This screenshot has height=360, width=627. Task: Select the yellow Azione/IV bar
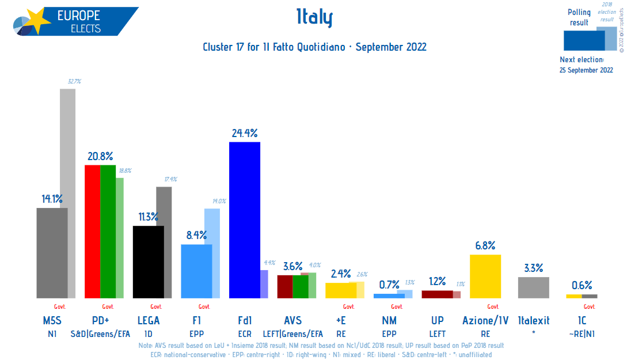[x=485, y=276]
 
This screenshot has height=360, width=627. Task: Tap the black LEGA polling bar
[x=149, y=262]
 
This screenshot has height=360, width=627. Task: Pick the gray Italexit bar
[x=534, y=287]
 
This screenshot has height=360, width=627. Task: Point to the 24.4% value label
[x=245, y=133]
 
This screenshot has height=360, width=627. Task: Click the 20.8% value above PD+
[x=100, y=156]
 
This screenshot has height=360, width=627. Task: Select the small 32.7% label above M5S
[x=74, y=82]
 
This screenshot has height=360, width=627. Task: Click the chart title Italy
[x=314, y=19]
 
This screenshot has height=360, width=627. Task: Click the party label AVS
[x=293, y=321]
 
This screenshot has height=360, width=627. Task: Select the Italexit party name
[x=534, y=321]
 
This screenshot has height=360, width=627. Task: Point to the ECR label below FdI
[x=245, y=334]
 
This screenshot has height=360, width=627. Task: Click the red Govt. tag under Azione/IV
[x=493, y=306]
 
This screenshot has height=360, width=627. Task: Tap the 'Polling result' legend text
[x=579, y=17]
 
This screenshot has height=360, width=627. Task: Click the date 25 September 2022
[x=586, y=70]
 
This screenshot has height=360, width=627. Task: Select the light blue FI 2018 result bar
[x=212, y=226]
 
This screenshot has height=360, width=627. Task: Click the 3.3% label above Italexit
[x=534, y=268]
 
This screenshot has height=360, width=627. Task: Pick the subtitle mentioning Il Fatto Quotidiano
[x=314, y=47]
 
